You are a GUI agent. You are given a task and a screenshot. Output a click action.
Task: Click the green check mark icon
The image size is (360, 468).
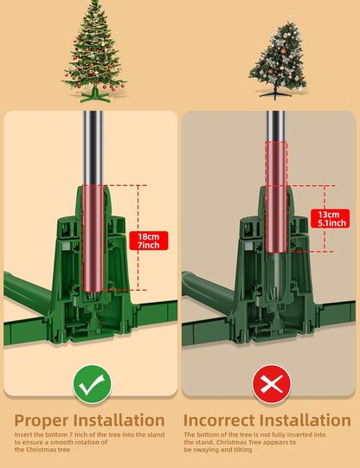pyautogui.click(x=92, y=384)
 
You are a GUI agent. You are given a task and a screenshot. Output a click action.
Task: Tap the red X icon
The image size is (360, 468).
pyautogui.click(x=272, y=384)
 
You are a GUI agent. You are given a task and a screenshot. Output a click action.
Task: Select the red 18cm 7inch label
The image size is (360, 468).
pyautogui.click(x=149, y=240)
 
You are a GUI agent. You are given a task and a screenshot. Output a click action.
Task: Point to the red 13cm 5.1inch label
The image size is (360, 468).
pyautogui.click(x=330, y=219)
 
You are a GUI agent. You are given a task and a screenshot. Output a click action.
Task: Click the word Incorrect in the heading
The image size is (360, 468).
pyautogui.click(x=220, y=420)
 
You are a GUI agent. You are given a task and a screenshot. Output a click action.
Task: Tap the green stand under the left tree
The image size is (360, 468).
pyautogui.click(x=94, y=95)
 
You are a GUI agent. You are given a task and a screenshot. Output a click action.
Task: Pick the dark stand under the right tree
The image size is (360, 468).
pyautogui.click(x=275, y=92)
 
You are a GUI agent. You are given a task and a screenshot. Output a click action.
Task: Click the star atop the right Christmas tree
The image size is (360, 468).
pyautogui.click(x=292, y=17)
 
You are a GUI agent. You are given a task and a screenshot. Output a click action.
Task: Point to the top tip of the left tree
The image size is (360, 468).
pyautogui.click(x=94, y=1)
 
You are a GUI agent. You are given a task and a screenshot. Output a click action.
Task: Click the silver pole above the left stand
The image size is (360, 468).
pyautogui.click(x=93, y=148)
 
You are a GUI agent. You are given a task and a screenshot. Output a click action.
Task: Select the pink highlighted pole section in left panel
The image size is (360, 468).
pyautogui.click(x=93, y=238)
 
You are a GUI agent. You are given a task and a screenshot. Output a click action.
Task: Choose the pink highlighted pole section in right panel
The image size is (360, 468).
pyautogui.click(x=276, y=197)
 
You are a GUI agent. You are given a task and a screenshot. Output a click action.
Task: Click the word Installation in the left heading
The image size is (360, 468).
pyautogui.click(x=119, y=420)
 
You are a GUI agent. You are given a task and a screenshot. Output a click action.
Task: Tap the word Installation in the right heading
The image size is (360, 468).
pyautogui.click(x=305, y=420)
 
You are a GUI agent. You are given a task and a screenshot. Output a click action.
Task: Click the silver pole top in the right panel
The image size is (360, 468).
pyautogui.click(x=275, y=126)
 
